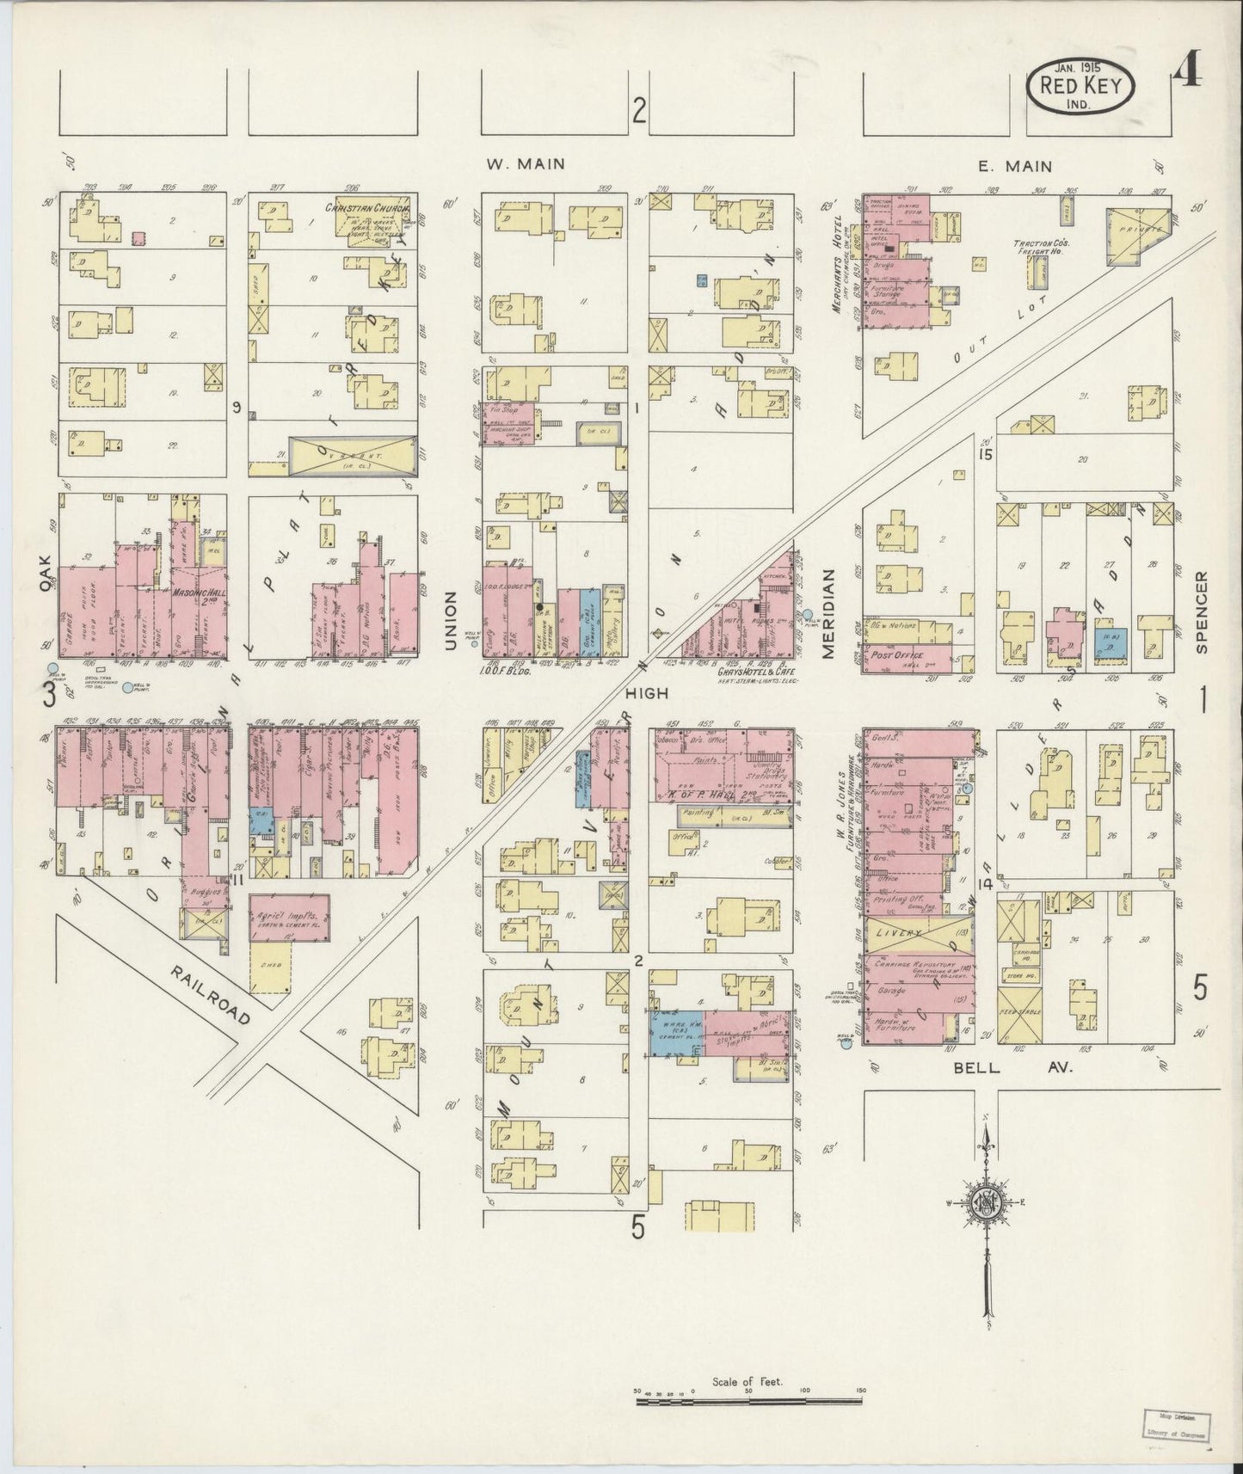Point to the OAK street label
46,572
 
